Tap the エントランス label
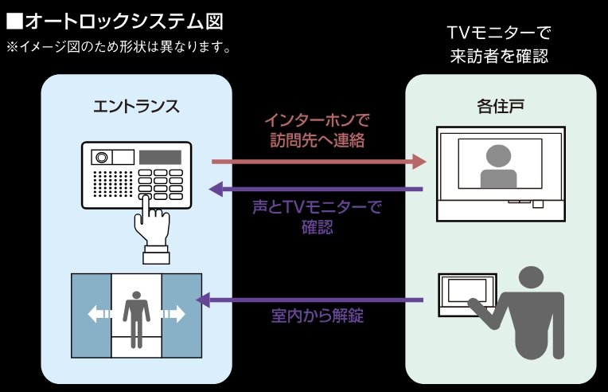click(136, 106)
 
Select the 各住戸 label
click(500, 106)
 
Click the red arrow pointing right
click(318, 162)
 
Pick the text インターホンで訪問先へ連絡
click(318, 131)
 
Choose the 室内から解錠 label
click(317, 316)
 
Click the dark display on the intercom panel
click(160, 156)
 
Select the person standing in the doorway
click(136, 317)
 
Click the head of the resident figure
click(534, 280)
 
